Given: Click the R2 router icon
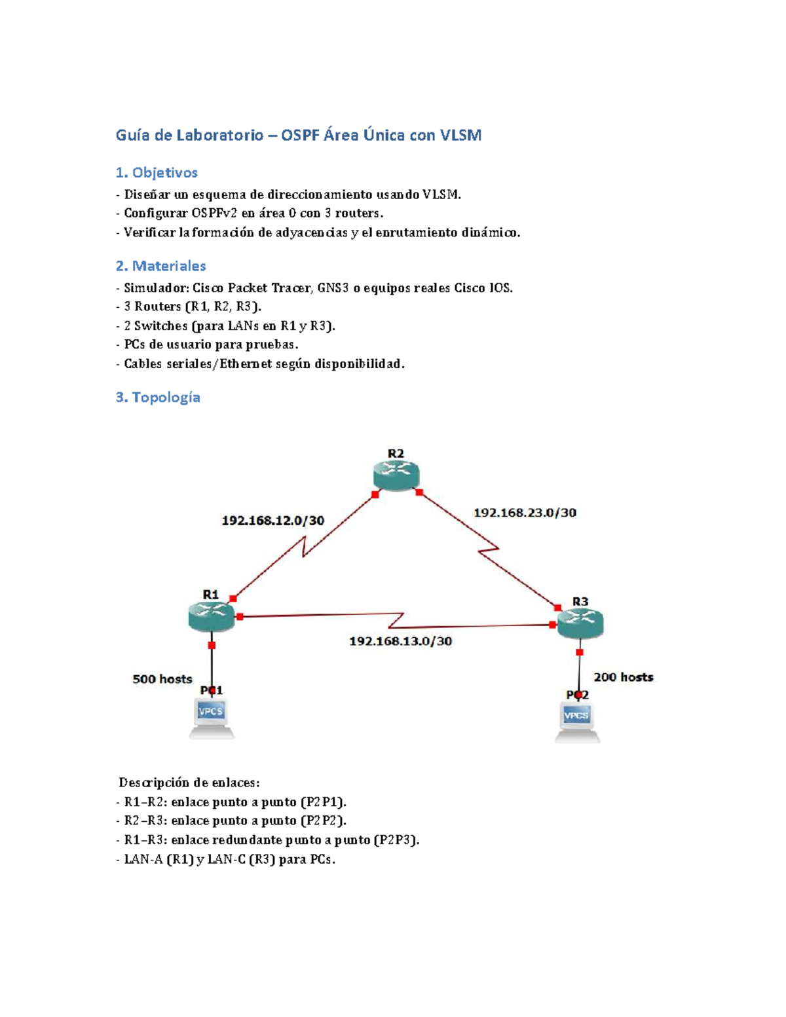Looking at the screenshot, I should tap(396, 475).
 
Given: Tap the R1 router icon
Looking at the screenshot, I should tap(211, 616).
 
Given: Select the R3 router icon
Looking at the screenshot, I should tap(580, 623).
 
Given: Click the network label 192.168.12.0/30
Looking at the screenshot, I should tap(272, 521).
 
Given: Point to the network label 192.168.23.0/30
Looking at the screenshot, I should tap(525, 513).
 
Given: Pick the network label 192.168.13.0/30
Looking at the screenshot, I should tap(400, 641).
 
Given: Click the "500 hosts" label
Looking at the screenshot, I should tap(162, 679).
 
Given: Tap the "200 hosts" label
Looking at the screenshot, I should tap(623, 677).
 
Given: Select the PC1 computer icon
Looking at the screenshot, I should tap(211, 718).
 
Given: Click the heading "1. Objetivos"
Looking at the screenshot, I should tap(157, 173).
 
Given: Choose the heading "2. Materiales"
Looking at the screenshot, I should tap(160, 266).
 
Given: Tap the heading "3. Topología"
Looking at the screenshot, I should tap(158, 398).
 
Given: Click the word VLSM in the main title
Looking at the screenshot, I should tap(460, 136).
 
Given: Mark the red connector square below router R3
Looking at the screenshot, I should tap(580, 652).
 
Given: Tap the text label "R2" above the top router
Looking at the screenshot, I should tap(396, 454).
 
